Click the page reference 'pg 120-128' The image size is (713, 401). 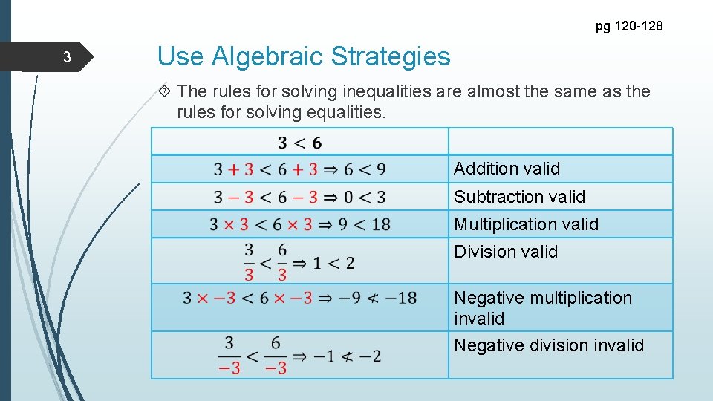(x=629, y=27)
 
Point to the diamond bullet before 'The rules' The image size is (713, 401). (x=166, y=92)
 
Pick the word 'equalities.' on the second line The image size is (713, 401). (x=347, y=112)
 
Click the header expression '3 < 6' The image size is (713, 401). (x=299, y=142)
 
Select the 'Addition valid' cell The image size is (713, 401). (x=507, y=169)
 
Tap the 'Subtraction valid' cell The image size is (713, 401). (x=519, y=197)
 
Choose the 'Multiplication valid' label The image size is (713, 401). (x=526, y=224)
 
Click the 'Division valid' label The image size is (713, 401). (x=505, y=252)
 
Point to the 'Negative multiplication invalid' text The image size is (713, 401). (x=542, y=307)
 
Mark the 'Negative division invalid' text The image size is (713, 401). (x=549, y=345)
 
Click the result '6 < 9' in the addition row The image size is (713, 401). (x=362, y=169)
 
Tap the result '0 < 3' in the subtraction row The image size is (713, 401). (x=362, y=198)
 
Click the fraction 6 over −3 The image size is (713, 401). (x=276, y=355)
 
